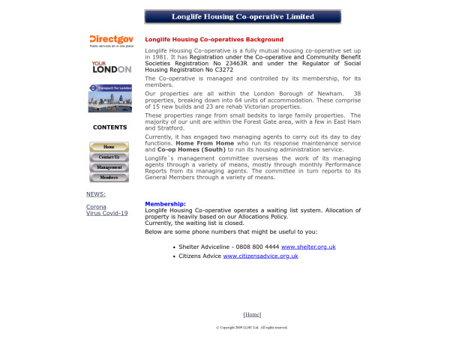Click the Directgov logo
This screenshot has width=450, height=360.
point(110,40)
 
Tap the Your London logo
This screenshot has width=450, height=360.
point(110,67)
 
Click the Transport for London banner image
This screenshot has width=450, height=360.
point(110,97)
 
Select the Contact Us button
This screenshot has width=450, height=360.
point(109,157)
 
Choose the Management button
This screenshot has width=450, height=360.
point(109,167)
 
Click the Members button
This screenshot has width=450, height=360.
point(109,178)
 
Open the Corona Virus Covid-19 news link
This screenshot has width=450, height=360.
point(106,210)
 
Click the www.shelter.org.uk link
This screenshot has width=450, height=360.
point(308,247)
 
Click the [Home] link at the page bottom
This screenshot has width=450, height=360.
point(252,315)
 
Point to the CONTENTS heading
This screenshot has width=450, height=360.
point(109,127)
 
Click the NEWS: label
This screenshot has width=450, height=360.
point(96,194)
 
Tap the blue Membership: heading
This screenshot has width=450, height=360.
point(165,204)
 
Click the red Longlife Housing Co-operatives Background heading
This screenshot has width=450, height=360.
point(214,40)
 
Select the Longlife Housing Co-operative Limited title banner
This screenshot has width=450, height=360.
point(242,16)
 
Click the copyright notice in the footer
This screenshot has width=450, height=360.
point(252,328)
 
